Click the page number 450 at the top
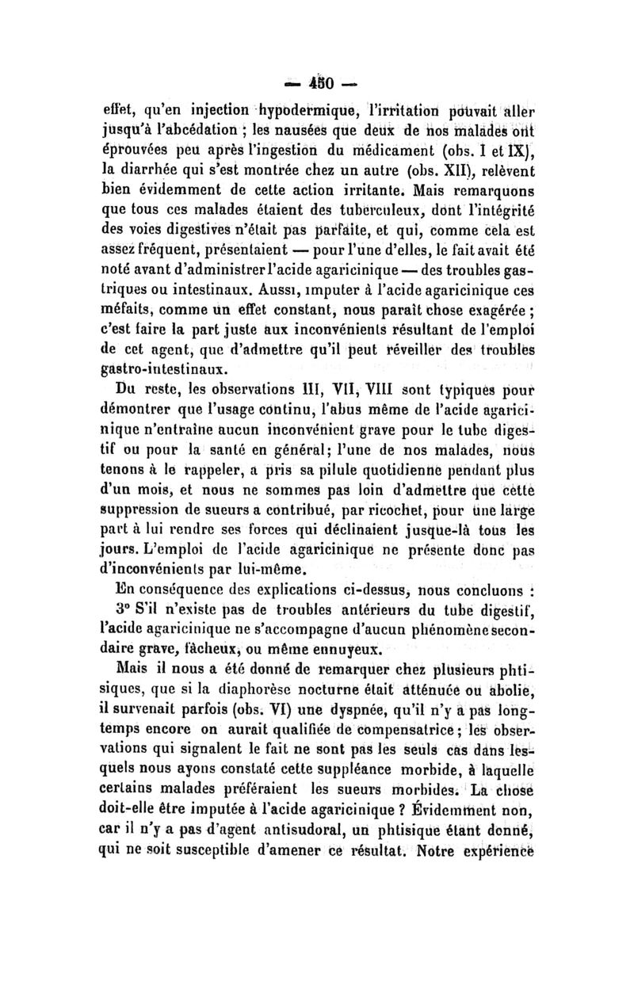coord(325,82)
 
